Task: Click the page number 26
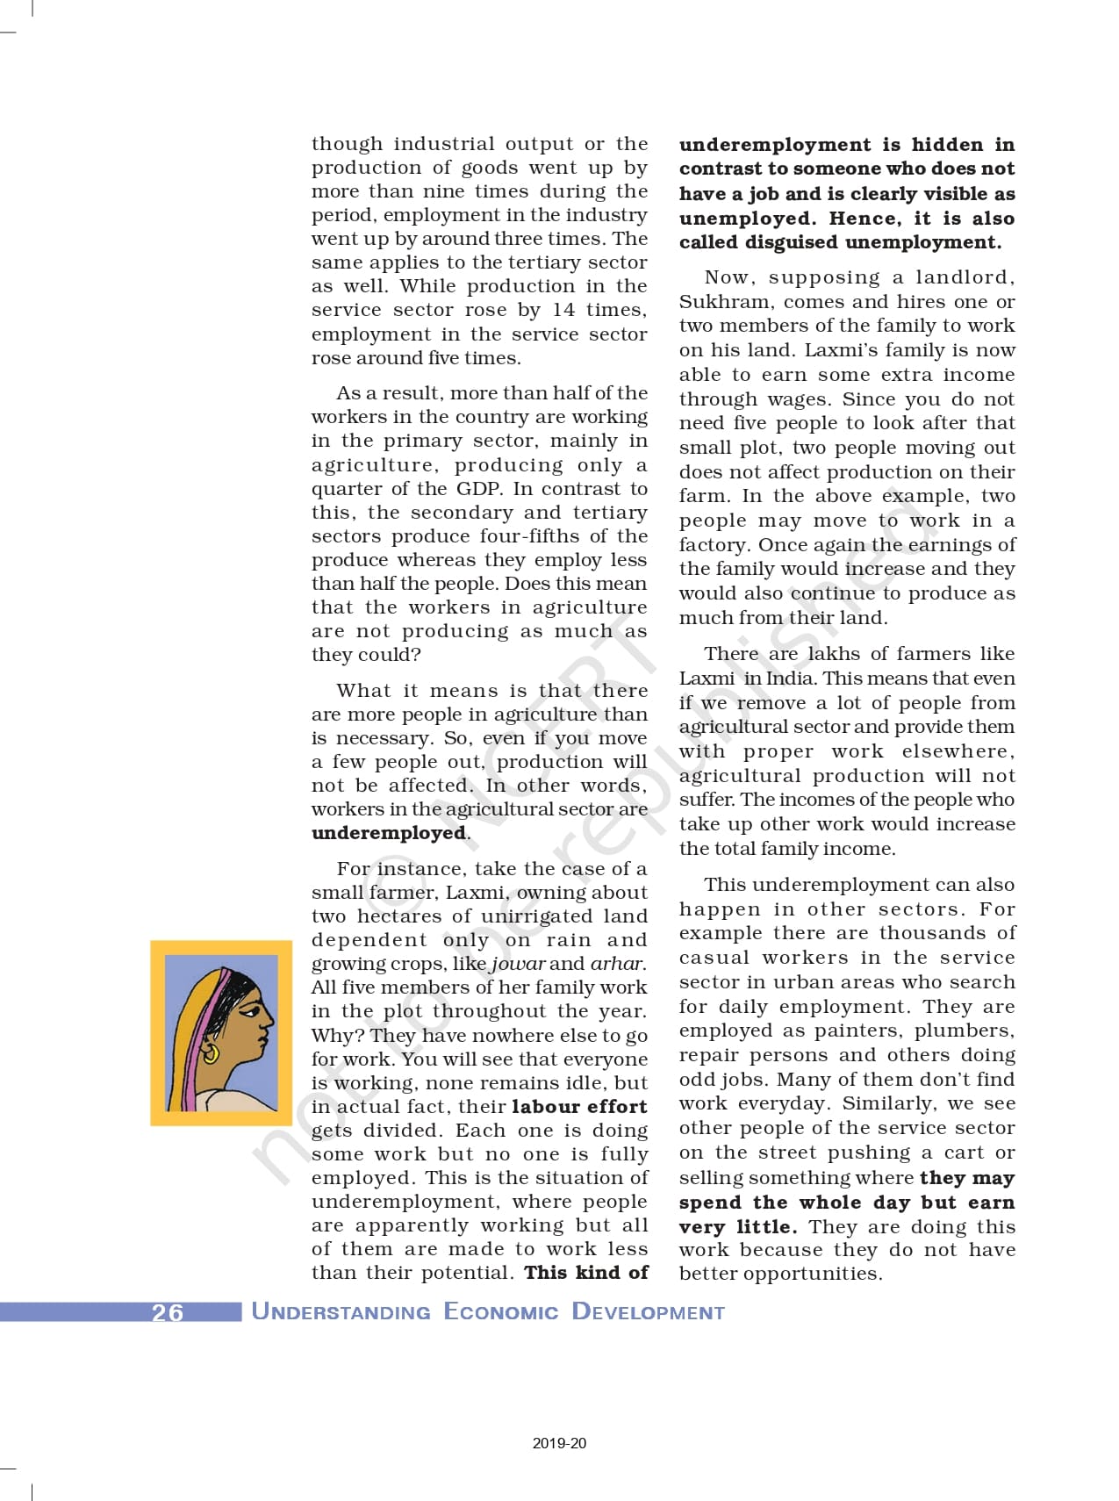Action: coord(167,1312)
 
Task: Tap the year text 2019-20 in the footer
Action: coord(559,1443)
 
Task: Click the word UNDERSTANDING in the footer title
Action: coord(341,1312)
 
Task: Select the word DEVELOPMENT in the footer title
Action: coord(648,1312)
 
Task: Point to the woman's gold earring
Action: coord(211,1051)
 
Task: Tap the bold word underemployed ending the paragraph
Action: coord(389,833)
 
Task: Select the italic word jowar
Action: coord(518,964)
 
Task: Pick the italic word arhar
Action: coord(617,964)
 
